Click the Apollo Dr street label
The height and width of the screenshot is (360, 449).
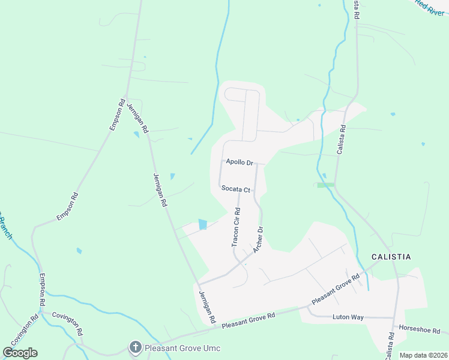[x=240, y=162]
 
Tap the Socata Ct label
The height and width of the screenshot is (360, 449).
[x=235, y=188]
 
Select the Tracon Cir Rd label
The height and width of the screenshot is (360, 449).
[x=237, y=227]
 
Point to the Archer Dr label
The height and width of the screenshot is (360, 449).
[x=259, y=239]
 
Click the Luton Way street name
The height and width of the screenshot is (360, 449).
[x=348, y=317]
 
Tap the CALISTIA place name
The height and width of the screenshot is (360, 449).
[x=391, y=257]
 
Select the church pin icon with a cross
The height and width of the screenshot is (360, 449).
[x=136, y=347]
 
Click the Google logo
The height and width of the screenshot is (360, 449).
[x=20, y=353]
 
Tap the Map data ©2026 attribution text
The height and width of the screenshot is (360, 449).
[x=423, y=355]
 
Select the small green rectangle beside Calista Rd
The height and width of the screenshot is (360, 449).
[x=325, y=185]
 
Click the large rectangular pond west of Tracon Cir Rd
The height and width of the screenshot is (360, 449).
[x=202, y=224]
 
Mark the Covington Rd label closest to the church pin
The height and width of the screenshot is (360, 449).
[x=67, y=323]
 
